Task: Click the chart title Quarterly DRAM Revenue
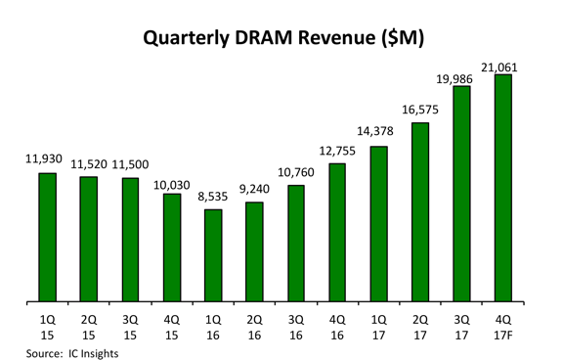click(x=281, y=38)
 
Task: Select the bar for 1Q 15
click(x=47, y=238)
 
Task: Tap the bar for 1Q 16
click(x=212, y=255)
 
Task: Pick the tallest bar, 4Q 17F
click(x=503, y=189)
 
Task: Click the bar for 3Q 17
click(x=461, y=195)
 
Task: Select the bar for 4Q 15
click(x=171, y=247)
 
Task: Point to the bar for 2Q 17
click(x=420, y=212)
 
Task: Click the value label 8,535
click(x=212, y=197)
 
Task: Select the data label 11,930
click(x=46, y=159)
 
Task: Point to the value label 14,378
click(x=378, y=133)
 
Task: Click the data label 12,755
click(x=336, y=151)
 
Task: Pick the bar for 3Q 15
click(x=130, y=240)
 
